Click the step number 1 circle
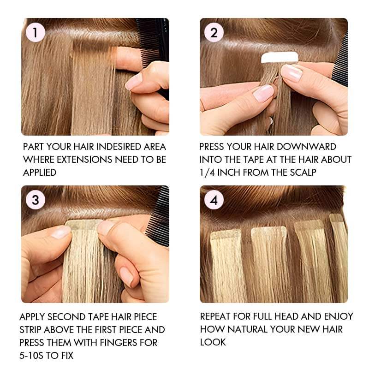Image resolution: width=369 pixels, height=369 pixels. pos(36,33)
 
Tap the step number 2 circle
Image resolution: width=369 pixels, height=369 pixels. pos(214,33)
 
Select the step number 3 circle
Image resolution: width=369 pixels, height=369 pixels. pos(36,200)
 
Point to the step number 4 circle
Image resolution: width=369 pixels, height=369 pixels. pos(214,200)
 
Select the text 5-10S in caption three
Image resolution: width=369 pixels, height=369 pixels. pos(32,356)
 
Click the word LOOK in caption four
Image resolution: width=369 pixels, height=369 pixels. pos(213,342)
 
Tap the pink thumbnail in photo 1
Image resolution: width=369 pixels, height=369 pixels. pos(133,82)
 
